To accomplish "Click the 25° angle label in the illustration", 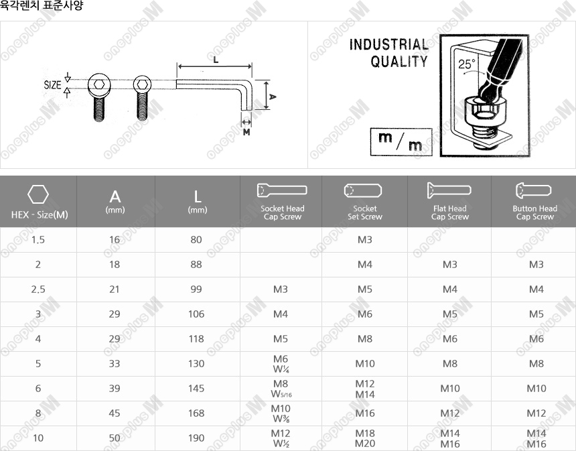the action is click(467, 64).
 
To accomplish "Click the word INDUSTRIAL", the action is click(388, 44).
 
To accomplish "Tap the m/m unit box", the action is click(401, 142).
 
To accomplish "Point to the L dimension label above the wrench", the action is click(216, 60).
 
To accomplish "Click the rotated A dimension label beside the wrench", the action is click(272, 96).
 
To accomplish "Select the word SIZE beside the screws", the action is click(52, 85).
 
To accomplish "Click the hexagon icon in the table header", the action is click(38, 194).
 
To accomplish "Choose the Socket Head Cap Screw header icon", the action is click(282, 190).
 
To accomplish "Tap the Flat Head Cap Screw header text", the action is click(449, 212).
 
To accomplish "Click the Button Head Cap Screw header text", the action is click(535, 212).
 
